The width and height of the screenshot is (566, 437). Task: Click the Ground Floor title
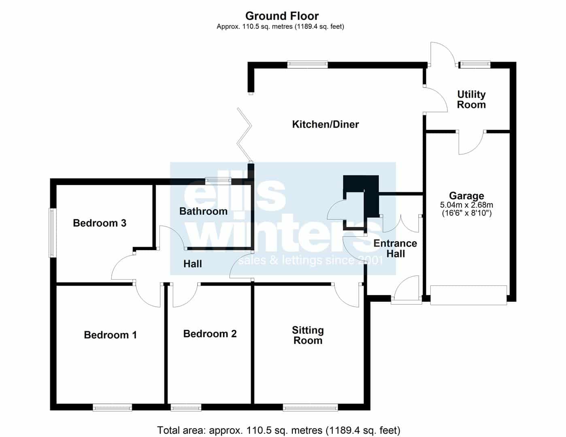[x=282, y=16]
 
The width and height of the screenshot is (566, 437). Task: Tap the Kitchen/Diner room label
[x=326, y=124]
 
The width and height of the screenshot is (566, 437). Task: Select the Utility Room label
[x=471, y=100]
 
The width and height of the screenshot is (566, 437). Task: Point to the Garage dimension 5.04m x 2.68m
[x=466, y=205]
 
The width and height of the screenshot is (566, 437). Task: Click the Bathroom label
[x=203, y=211]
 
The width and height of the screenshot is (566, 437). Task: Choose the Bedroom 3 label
[x=100, y=223]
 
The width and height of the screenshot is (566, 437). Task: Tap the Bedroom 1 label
[x=110, y=335]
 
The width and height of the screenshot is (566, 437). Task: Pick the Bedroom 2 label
[x=210, y=334]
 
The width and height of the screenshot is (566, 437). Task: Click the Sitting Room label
[x=308, y=335]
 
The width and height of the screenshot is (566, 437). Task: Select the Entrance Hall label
[x=396, y=248]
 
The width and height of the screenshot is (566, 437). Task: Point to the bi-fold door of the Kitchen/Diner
[x=244, y=135]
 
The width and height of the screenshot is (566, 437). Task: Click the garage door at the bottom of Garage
[x=468, y=295]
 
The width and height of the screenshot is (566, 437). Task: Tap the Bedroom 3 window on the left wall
[x=53, y=233]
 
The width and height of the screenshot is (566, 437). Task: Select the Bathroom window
[x=218, y=181]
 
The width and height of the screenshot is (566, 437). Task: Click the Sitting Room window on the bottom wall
[x=311, y=407]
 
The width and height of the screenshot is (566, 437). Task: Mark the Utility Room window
[x=475, y=65]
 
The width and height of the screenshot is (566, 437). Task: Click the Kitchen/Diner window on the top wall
[x=307, y=65]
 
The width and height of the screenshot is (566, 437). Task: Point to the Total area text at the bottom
[x=279, y=430]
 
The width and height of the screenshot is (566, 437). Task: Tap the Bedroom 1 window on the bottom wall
[x=112, y=407]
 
